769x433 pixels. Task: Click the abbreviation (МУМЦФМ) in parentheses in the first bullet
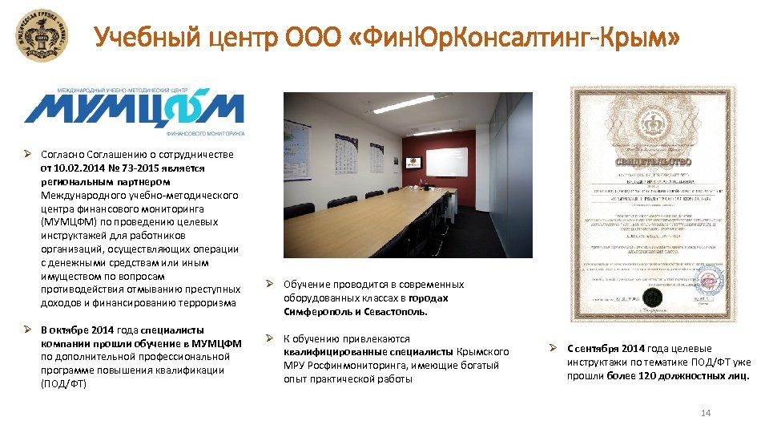[x=73, y=221]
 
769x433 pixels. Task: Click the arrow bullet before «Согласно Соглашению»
[x=27, y=155]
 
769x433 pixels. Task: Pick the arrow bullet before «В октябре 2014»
[x=27, y=330]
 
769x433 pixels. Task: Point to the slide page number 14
[x=706, y=413]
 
